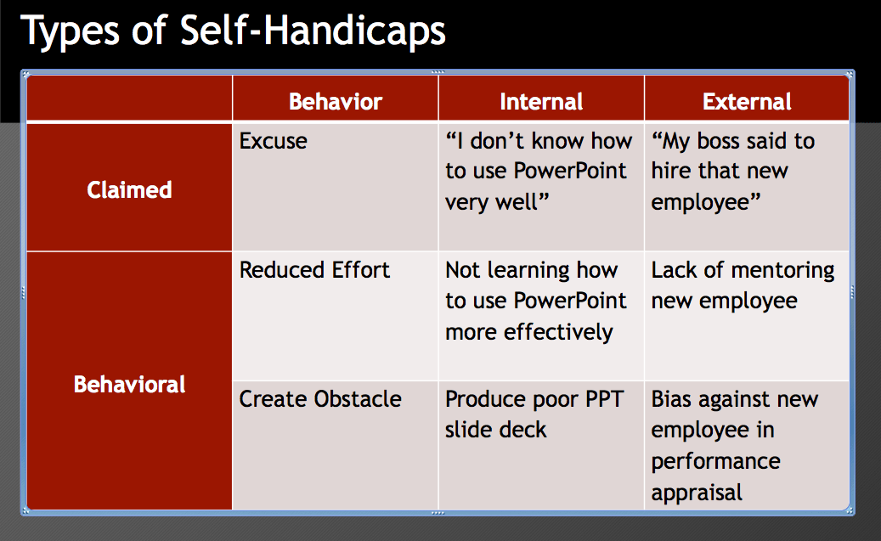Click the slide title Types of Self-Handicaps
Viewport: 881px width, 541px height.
(x=233, y=31)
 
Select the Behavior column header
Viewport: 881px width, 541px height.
(x=336, y=102)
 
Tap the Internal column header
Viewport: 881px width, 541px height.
(x=541, y=102)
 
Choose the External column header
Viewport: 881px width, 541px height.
(x=747, y=102)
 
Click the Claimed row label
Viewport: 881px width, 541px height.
(x=129, y=190)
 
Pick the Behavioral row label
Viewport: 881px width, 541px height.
(x=129, y=384)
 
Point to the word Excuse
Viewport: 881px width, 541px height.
(x=273, y=141)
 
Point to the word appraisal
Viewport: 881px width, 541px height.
(x=697, y=493)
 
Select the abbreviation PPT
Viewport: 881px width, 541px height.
(x=604, y=399)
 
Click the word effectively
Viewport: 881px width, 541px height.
(x=558, y=333)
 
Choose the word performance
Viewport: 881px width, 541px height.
(x=716, y=462)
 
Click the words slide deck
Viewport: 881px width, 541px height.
(x=495, y=431)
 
